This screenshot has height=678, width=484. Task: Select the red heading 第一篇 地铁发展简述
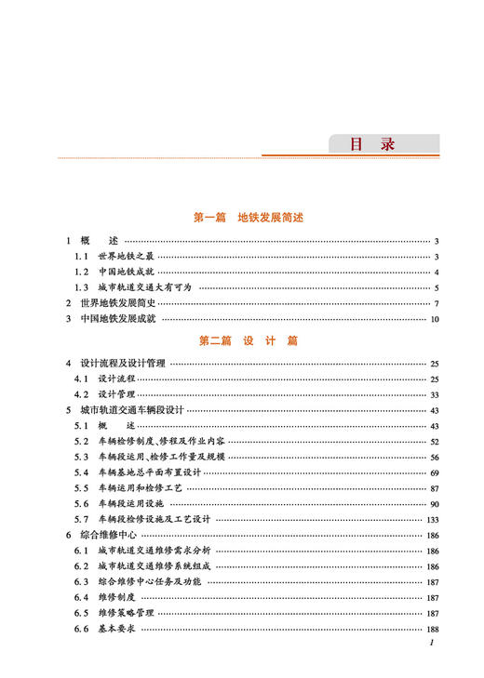coord(248,218)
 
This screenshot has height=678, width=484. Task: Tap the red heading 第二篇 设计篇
coord(248,341)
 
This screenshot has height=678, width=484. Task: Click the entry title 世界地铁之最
coord(126,257)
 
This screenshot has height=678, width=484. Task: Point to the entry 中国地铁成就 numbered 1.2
coord(126,272)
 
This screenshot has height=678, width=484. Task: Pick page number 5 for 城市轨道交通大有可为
coord(436,288)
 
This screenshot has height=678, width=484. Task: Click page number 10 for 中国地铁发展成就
coord(434,320)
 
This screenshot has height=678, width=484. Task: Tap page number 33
coord(434,394)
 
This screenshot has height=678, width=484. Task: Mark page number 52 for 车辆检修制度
coord(434,441)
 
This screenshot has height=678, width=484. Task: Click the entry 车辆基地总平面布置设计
coord(149,472)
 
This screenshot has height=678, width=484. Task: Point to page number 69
coord(434,472)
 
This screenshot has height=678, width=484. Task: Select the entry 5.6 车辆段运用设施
coord(135,503)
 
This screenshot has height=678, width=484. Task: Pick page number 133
coord(432,519)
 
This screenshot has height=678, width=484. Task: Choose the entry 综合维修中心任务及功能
coord(149,581)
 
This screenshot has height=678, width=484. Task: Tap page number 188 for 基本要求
coord(432,629)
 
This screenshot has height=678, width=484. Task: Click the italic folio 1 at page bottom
coord(433,644)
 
